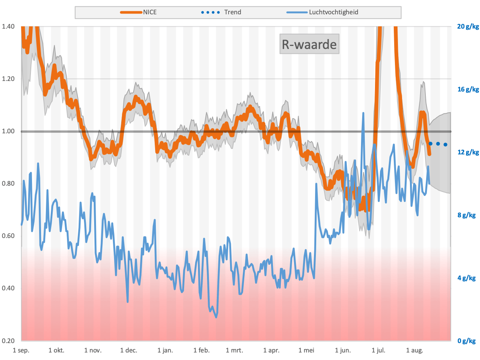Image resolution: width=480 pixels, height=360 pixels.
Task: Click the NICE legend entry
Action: point(138,12)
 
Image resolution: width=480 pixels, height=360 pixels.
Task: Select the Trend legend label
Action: point(232,12)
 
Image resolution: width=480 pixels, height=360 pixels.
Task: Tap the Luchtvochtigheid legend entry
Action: point(322,12)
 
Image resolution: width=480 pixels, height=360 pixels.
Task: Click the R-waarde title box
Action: point(309,44)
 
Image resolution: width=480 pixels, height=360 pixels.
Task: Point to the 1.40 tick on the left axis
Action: point(8,26)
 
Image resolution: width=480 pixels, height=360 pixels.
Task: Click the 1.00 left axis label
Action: point(8,131)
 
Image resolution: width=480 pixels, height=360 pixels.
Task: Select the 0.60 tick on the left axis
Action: point(8,236)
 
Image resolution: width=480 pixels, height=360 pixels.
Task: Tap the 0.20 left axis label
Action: point(8,341)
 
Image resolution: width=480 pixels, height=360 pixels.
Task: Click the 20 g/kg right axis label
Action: point(468,27)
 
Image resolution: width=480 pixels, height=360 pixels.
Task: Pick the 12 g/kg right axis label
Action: point(468,152)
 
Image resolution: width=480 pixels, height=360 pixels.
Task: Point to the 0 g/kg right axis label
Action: point(466,341)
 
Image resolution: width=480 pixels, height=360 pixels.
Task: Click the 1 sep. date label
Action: point(21,350)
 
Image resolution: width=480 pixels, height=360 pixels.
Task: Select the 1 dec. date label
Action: point(129,350)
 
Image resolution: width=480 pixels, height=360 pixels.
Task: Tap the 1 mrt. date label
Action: point(235,350)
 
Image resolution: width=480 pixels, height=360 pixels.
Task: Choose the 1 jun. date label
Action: point(343,350)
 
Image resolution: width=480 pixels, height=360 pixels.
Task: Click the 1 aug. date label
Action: point(414,350)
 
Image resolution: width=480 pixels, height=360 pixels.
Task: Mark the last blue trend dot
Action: point(445,145)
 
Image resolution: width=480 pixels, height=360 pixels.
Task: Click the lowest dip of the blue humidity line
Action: point(216,317)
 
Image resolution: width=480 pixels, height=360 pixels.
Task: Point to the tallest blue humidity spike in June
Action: point(363,113)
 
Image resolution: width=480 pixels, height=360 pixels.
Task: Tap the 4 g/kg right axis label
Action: point(466,278)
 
